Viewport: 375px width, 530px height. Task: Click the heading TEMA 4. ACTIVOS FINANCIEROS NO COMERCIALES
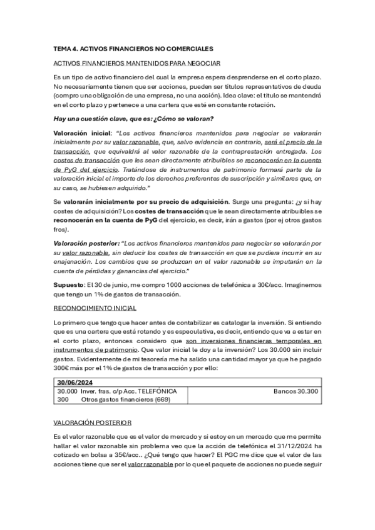pos(133,48)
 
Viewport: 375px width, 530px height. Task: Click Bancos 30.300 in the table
pos(295,391)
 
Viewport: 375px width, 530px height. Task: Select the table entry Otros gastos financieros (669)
pos(126,399)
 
